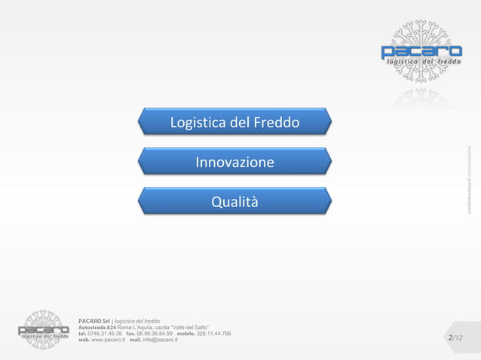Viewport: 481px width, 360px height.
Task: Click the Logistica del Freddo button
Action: pyautogui.click(x=234, y=123)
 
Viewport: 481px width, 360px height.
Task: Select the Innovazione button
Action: pyautogui.click(x=234, y=163)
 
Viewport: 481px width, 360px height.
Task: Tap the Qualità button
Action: pyautogui.click(x=234, y=202)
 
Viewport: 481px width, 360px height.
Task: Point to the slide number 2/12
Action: pyautogui.click(x=455, y=338)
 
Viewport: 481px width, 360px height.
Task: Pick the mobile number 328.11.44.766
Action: pyautogui.click(x=213, y=334)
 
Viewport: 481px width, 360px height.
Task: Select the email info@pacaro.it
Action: pyautogui.click(x=160, y=340)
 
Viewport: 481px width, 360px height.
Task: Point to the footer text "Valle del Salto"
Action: pyautogui.click(x=194, y=328)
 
